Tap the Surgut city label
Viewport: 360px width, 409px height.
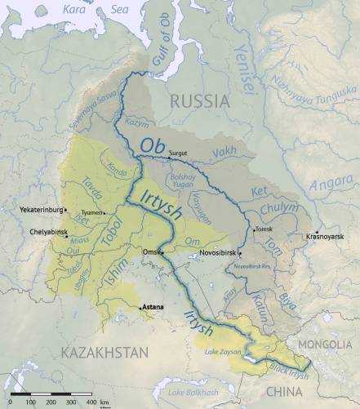[178, 153]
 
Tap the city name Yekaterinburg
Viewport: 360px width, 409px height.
[41, 210]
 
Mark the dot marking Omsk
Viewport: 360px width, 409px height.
[162, 252]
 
